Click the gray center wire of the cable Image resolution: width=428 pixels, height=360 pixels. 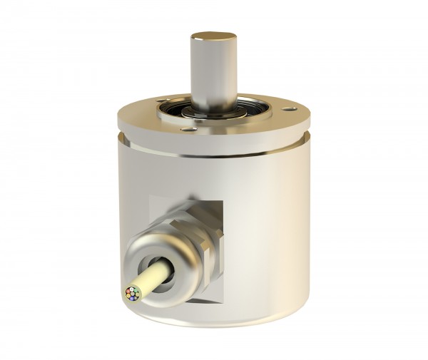[x=132, y=294]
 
